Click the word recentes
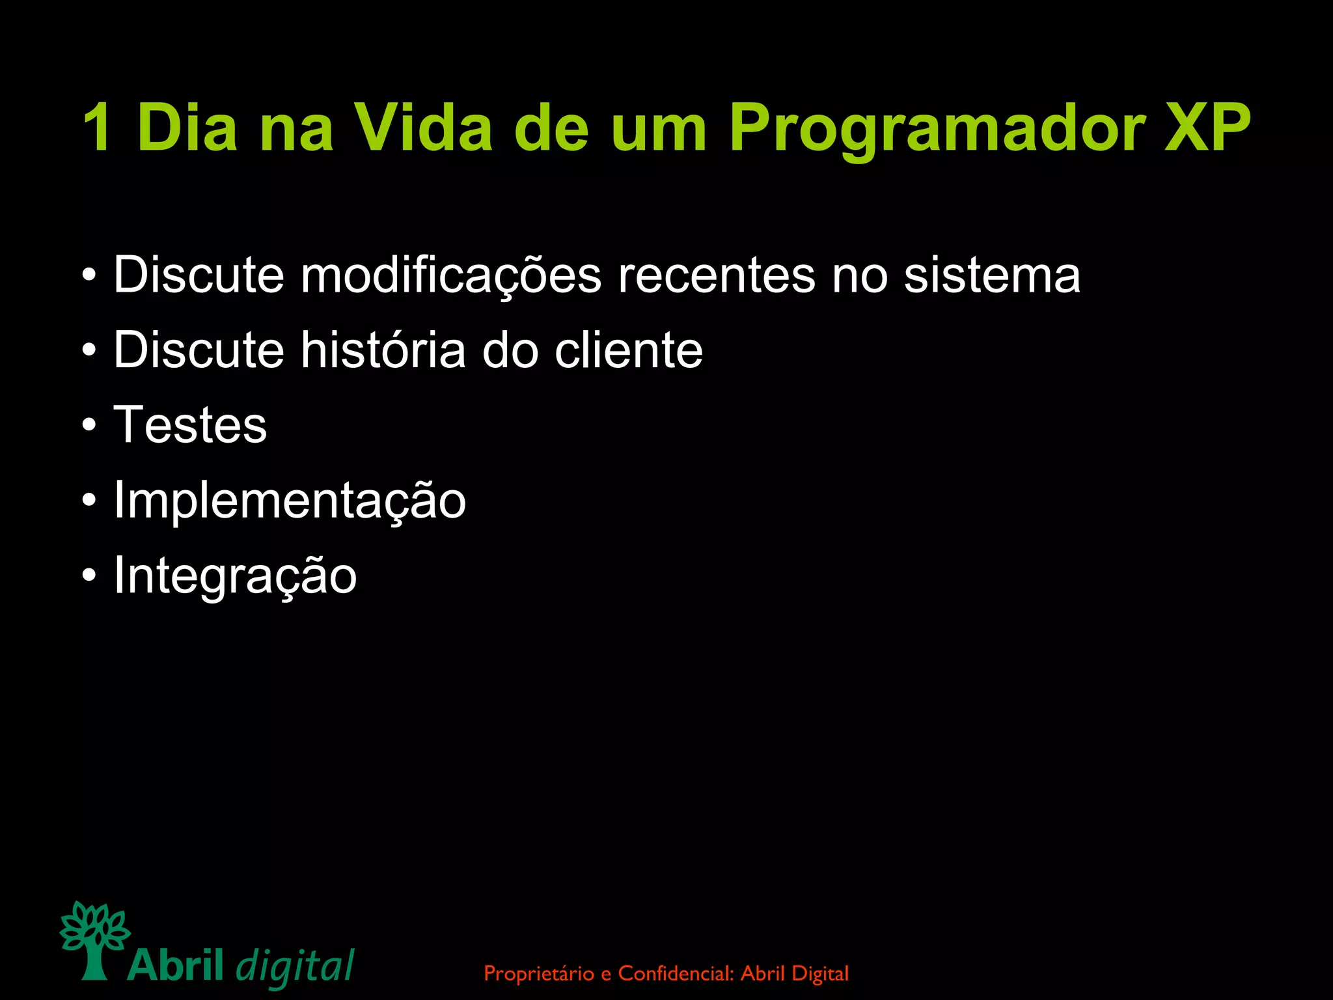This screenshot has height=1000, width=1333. pos(716,275)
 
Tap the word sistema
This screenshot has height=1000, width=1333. pos(992,275)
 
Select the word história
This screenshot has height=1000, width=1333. pos(383,350)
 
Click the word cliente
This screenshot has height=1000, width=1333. pos(628,350)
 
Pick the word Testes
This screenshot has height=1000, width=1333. pos(190,424)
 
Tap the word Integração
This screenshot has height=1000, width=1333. pos(235,576)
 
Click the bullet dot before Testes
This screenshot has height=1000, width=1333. pos(90,426)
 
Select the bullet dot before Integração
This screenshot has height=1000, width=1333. pos(90,576)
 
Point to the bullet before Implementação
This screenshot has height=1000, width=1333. pos(90,501)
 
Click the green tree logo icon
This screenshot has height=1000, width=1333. pos(94,938)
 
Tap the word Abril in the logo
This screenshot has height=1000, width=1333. pos(176,965)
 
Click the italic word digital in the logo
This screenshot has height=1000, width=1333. pos(294,966)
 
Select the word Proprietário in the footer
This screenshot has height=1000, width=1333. pos(539,974)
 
